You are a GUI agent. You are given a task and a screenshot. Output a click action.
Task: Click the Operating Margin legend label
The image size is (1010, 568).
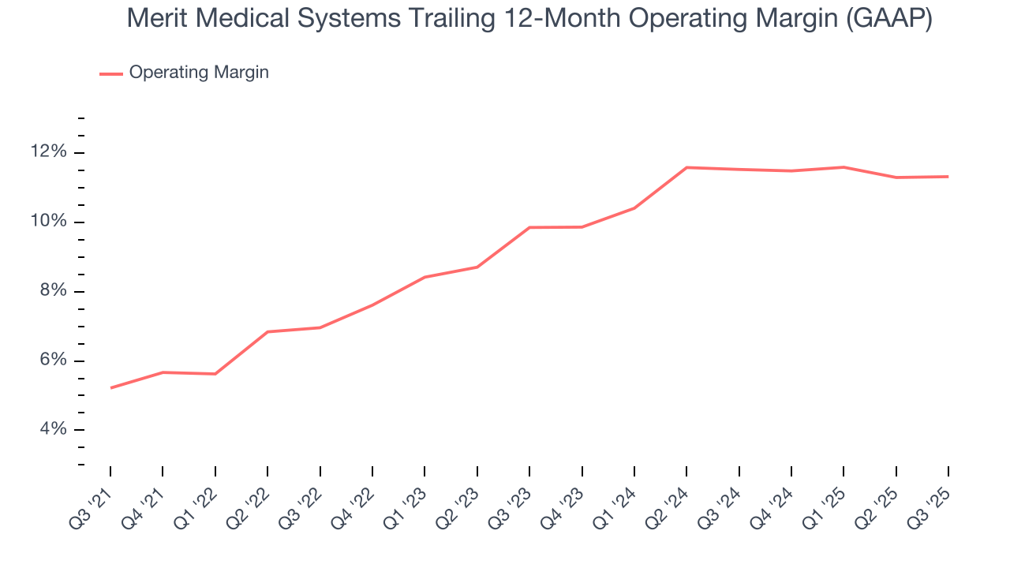click(x=199, y=73)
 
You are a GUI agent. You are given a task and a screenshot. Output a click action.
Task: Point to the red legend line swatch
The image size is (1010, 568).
click(x=111, y=73)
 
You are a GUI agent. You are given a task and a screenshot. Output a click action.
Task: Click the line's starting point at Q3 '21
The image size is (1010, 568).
click(x=110, y=388)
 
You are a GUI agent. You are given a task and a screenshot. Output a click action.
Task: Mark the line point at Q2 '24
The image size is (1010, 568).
click(x=686, y=167)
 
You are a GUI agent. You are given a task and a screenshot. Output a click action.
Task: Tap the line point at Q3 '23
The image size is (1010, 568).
click(x=529, y=227)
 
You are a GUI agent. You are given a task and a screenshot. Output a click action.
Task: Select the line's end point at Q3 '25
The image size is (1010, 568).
click(x=948, y=177)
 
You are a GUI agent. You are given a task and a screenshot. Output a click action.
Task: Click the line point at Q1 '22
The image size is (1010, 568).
click(x=215, y=374)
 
